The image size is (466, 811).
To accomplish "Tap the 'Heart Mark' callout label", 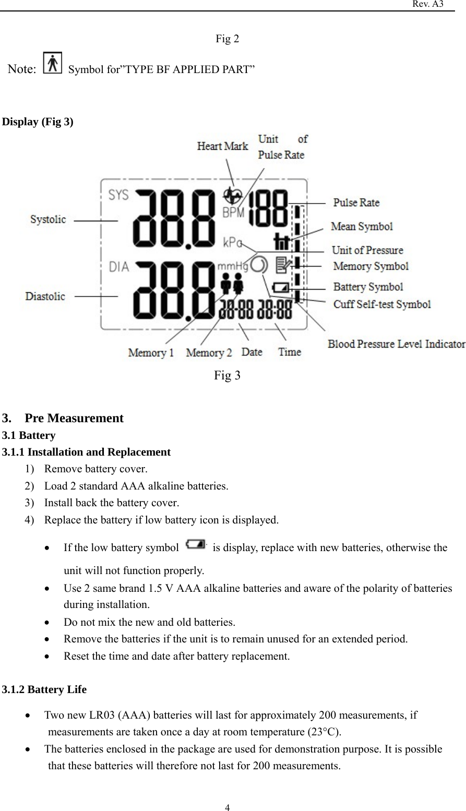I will click(222, 146).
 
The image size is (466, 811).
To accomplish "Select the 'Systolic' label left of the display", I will click(48, 220).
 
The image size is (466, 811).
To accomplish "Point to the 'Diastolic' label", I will click(45, 296).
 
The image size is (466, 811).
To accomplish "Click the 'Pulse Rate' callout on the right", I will click(356, 202).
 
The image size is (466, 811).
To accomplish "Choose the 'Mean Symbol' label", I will click(362, 226).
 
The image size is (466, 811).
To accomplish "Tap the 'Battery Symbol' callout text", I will click(368, 287).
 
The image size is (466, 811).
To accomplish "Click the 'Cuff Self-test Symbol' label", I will click(382, 304).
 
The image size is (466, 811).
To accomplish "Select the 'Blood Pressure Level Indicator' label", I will click(396, 344).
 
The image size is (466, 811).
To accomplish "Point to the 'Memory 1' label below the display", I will click(151, 353).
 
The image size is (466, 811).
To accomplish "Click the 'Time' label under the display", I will click(290, 352).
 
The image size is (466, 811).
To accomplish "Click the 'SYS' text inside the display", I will click(119, 194).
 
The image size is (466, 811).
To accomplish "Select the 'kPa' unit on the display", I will click(233, 242).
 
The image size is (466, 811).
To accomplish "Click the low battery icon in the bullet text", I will click(195, 545).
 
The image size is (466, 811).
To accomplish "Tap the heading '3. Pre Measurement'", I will click(63, 418).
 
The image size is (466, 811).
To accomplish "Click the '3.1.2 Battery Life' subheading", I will click(45, 689).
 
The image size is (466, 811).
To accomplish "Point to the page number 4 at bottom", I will click(228, 808).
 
